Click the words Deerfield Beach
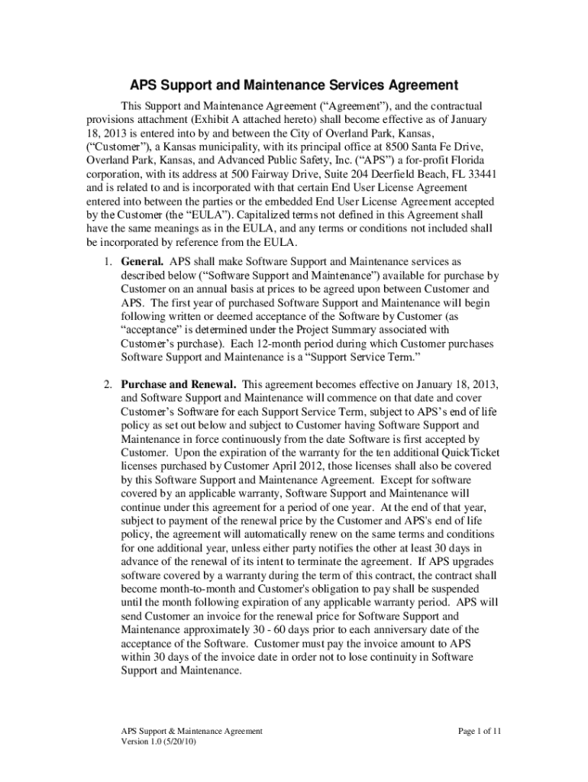364,173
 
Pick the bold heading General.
143,262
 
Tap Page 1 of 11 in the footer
480,731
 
